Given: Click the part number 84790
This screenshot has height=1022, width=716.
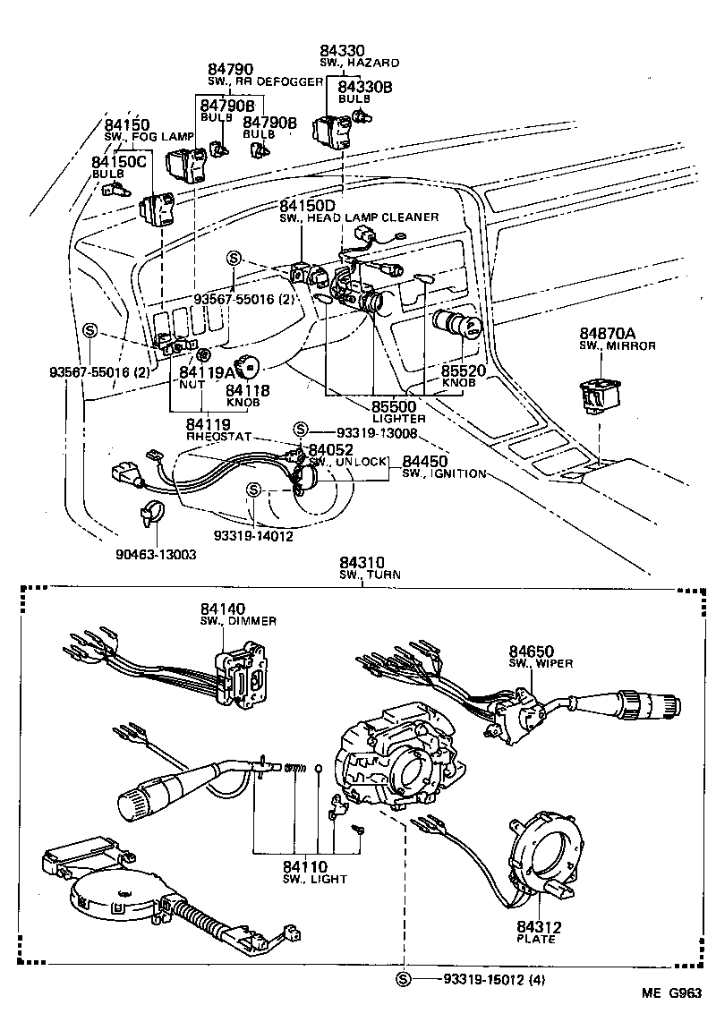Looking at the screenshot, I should click(231, 69).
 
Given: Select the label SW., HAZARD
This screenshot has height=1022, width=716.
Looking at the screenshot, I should click(359, 63).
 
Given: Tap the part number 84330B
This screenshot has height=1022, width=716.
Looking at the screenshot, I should click(364, 86).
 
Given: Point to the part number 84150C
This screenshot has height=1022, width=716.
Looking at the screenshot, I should click(118, 162).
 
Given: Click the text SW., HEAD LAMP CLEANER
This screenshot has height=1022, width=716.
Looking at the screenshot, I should click(359, 217).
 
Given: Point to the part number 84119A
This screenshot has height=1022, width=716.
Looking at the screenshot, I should click(207, 370).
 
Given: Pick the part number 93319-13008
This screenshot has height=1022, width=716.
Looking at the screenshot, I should click(378, 431).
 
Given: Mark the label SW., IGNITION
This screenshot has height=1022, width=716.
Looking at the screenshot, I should click(444, 473).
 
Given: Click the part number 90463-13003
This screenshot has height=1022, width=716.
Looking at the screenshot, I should click(156, 555).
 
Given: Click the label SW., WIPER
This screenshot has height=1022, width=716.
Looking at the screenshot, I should click(541, 663).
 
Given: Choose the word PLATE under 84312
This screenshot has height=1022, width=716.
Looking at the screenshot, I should click(537, 940).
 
